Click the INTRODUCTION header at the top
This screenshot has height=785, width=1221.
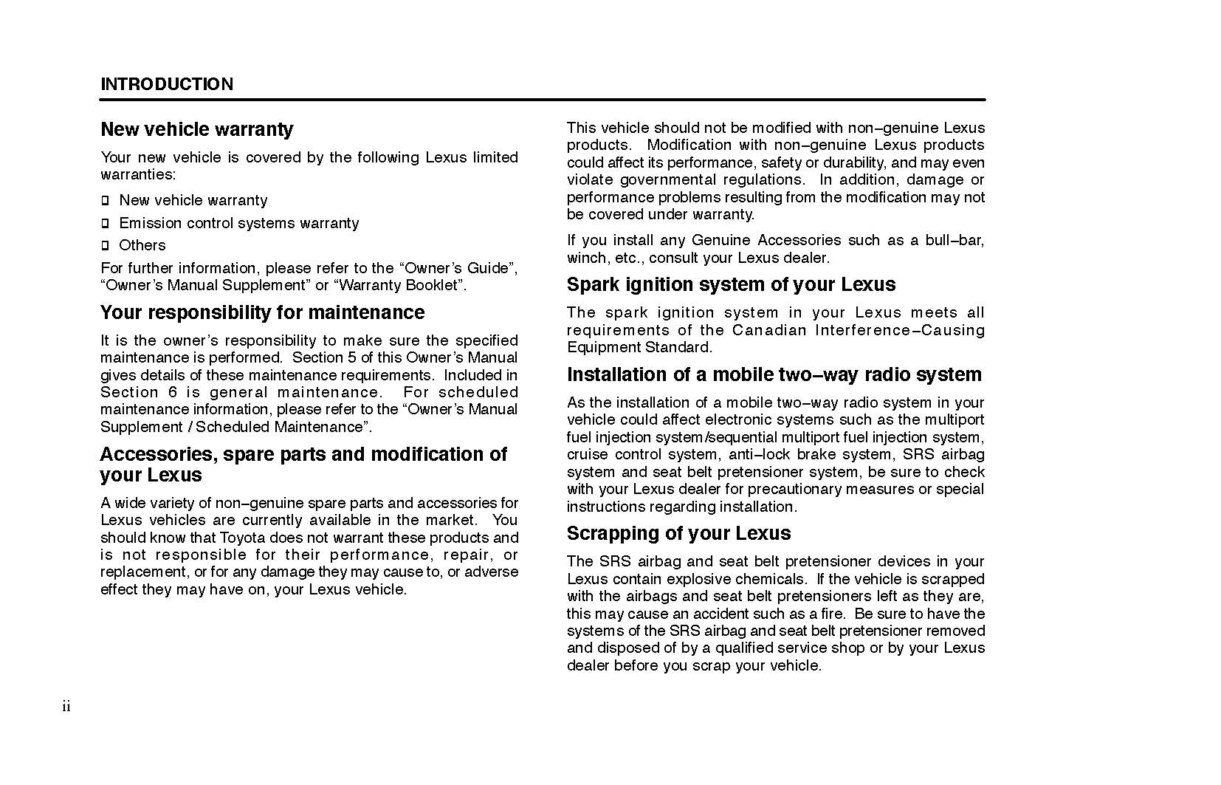[x=167, y=84]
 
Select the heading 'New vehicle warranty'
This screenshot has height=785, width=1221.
[x=197, y=129]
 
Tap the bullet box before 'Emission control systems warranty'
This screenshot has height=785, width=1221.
[x=105, y=223]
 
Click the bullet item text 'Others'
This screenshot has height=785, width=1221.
[x=142, y=245]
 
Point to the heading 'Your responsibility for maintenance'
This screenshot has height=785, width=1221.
[x=262, y=312]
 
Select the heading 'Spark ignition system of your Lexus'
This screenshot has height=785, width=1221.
[x=731, y=284]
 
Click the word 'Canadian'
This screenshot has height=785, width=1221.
[x=769, y=330]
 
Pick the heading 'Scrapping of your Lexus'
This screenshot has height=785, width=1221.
[x=678, y=533]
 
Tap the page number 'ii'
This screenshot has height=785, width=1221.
[x=66, y=707]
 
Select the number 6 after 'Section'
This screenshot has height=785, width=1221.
[x=173, y=392]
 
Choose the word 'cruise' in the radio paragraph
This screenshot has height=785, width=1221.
[x=588, y=454]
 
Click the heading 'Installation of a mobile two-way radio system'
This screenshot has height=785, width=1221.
[x=774, y=374]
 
